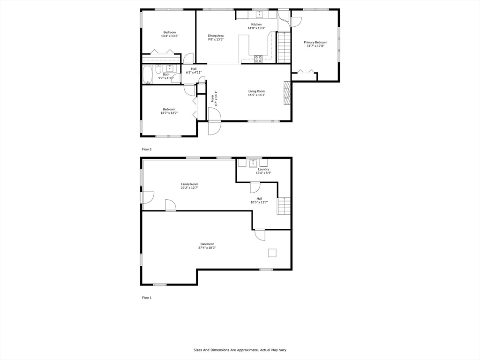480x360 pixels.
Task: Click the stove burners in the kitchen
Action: point(258,59)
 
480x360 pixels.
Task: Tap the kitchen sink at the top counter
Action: point(259,15)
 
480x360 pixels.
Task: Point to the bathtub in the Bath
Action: point(148,75)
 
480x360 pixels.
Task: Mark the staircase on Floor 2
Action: point(284,47)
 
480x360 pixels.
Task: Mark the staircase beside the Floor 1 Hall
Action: point(284,206)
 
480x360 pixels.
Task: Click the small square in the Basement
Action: point(272,253)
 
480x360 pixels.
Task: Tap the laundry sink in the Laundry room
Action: point(253,163)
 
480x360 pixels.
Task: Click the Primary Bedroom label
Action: point(315,42)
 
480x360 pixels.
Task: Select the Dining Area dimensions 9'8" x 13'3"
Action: point(216,39)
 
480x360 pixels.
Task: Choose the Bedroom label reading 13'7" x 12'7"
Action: point(169,113)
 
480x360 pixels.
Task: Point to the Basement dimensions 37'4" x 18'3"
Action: point(207,247)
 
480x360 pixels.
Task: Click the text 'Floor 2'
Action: point(147,150)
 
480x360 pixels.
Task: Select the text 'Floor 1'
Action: point(147,298)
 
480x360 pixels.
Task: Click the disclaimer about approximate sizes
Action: point(240,350)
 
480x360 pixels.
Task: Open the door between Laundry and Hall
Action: point(255,187)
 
